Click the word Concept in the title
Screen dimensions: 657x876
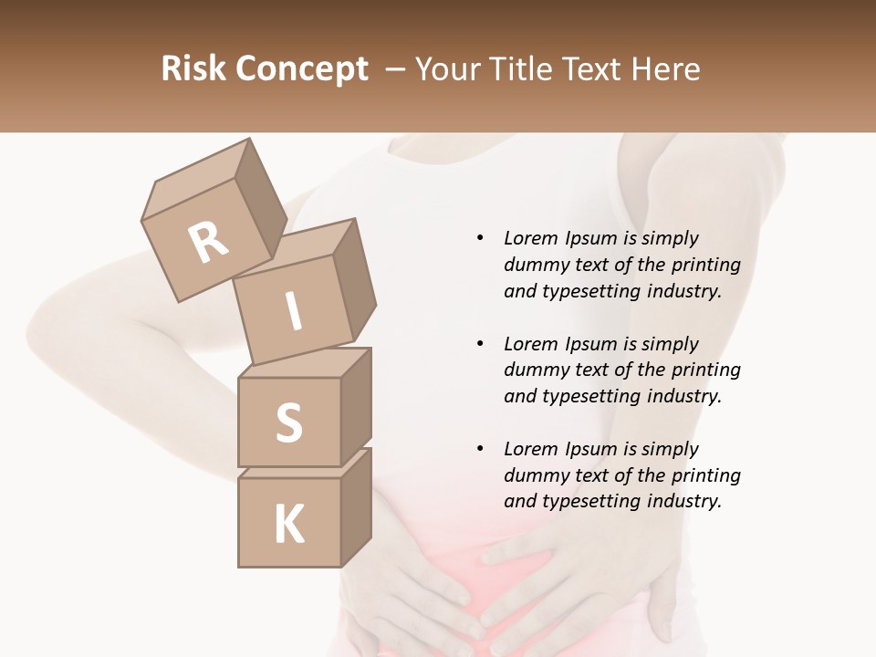click(x=302, y=69)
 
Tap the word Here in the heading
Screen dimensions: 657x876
click(x=668, y=69)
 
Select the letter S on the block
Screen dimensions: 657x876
click(x=288, y=422)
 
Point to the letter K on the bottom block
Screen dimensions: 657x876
click(x=288, y=524)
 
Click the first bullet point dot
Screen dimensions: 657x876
click(x=480, y=238)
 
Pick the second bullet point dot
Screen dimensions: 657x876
click(x=480, y=344)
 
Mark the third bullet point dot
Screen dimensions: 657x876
click(x=480, y=449)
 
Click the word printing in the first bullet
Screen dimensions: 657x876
click(x=705, y=266)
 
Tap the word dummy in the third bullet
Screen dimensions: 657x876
click(x=533, y=475)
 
